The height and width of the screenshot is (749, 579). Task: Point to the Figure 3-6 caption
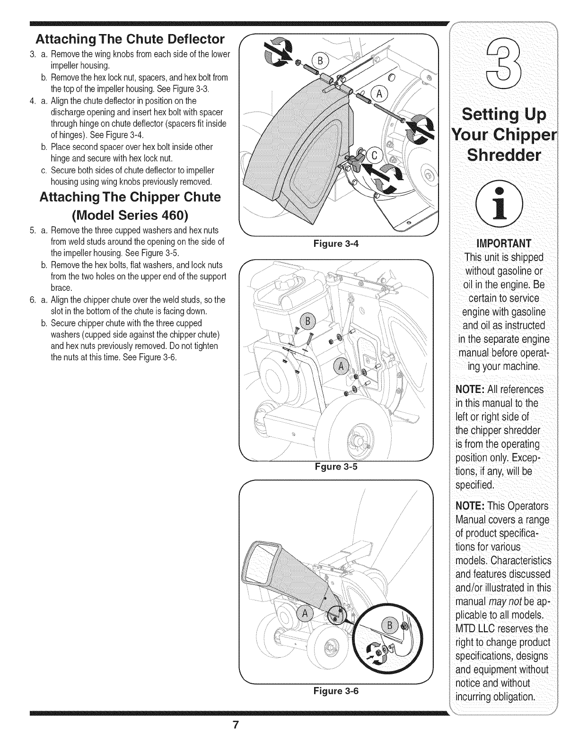[336, 690]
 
